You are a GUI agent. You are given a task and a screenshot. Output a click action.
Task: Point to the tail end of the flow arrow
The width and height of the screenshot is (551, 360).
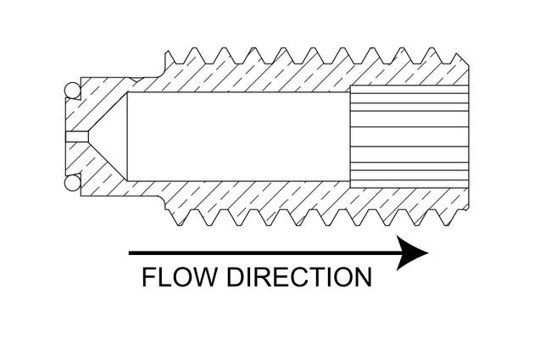coord(131,252)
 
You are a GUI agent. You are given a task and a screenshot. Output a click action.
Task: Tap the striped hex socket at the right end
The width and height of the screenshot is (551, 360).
coord(409,136)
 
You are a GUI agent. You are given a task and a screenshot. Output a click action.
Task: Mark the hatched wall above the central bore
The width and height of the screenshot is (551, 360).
coord(254,76)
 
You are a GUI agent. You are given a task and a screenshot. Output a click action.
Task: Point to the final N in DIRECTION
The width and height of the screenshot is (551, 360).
coord(360,278)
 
